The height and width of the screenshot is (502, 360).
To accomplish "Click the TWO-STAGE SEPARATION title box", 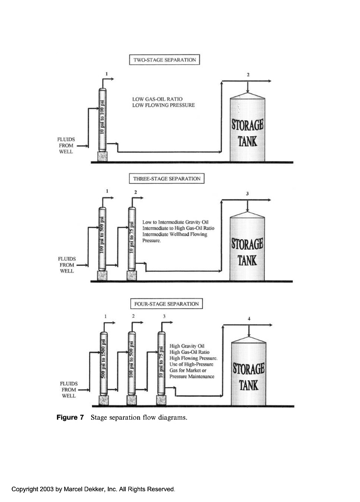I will [x=165, y=60].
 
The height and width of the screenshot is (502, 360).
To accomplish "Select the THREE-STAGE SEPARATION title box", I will [x=167, y=179].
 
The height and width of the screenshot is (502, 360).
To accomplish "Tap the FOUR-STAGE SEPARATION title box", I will [x=167, y=304].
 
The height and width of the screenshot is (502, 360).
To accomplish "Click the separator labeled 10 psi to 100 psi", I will [x=102, y=120].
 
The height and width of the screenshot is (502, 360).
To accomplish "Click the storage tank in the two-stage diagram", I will [x=248, y=130].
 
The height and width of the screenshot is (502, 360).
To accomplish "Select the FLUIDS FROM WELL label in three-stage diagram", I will [x=67, y=265].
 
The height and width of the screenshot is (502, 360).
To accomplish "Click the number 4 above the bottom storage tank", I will [x=250, y=319].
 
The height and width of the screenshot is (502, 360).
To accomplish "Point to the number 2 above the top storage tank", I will [x=248, y=75].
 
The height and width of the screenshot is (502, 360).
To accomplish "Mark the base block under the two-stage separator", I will [x=102, y=156].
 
